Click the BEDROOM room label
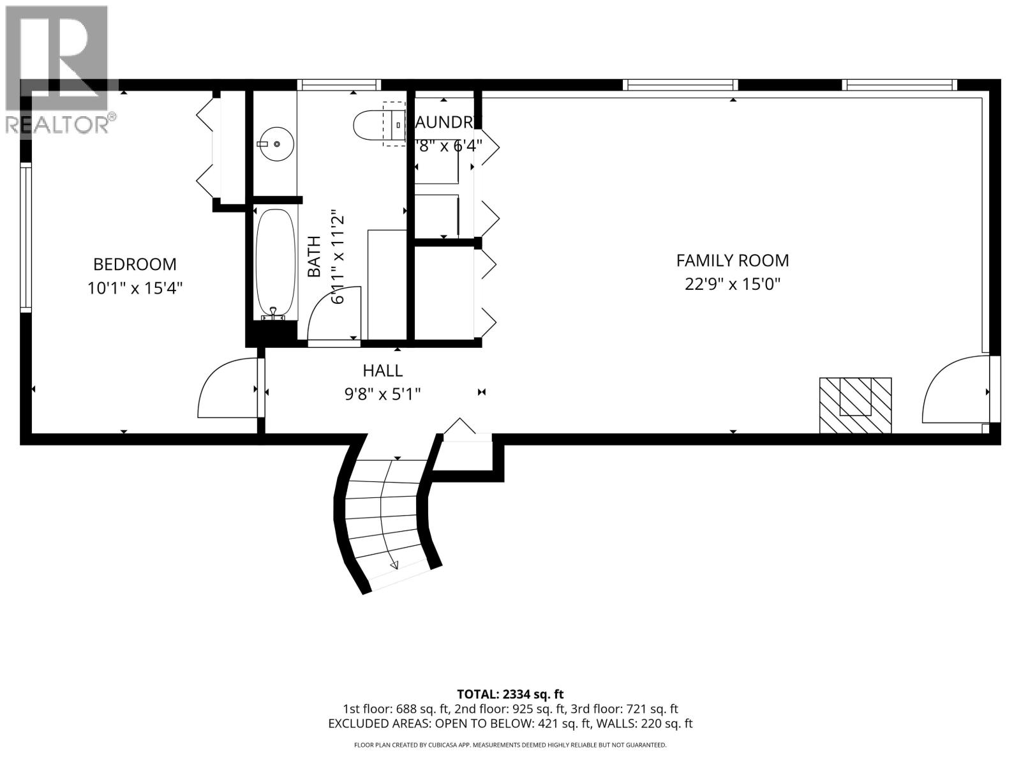click(135, 264)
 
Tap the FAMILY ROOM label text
click(733, 260)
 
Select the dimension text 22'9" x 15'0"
click(733, 284)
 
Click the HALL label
click(383, 370)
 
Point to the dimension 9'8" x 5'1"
click(383, 394)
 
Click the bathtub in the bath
click(275, 263)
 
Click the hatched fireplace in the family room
click(855, 405)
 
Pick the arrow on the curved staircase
click(393, 564)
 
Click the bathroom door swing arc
click(332, 313)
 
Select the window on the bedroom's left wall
click(26, 236)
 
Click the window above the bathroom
click(339, 85)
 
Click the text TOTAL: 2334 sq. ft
click(510, 694)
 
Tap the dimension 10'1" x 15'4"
click(135, 289)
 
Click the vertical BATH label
click(314, 257)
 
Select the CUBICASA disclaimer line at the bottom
click(510, 745)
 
